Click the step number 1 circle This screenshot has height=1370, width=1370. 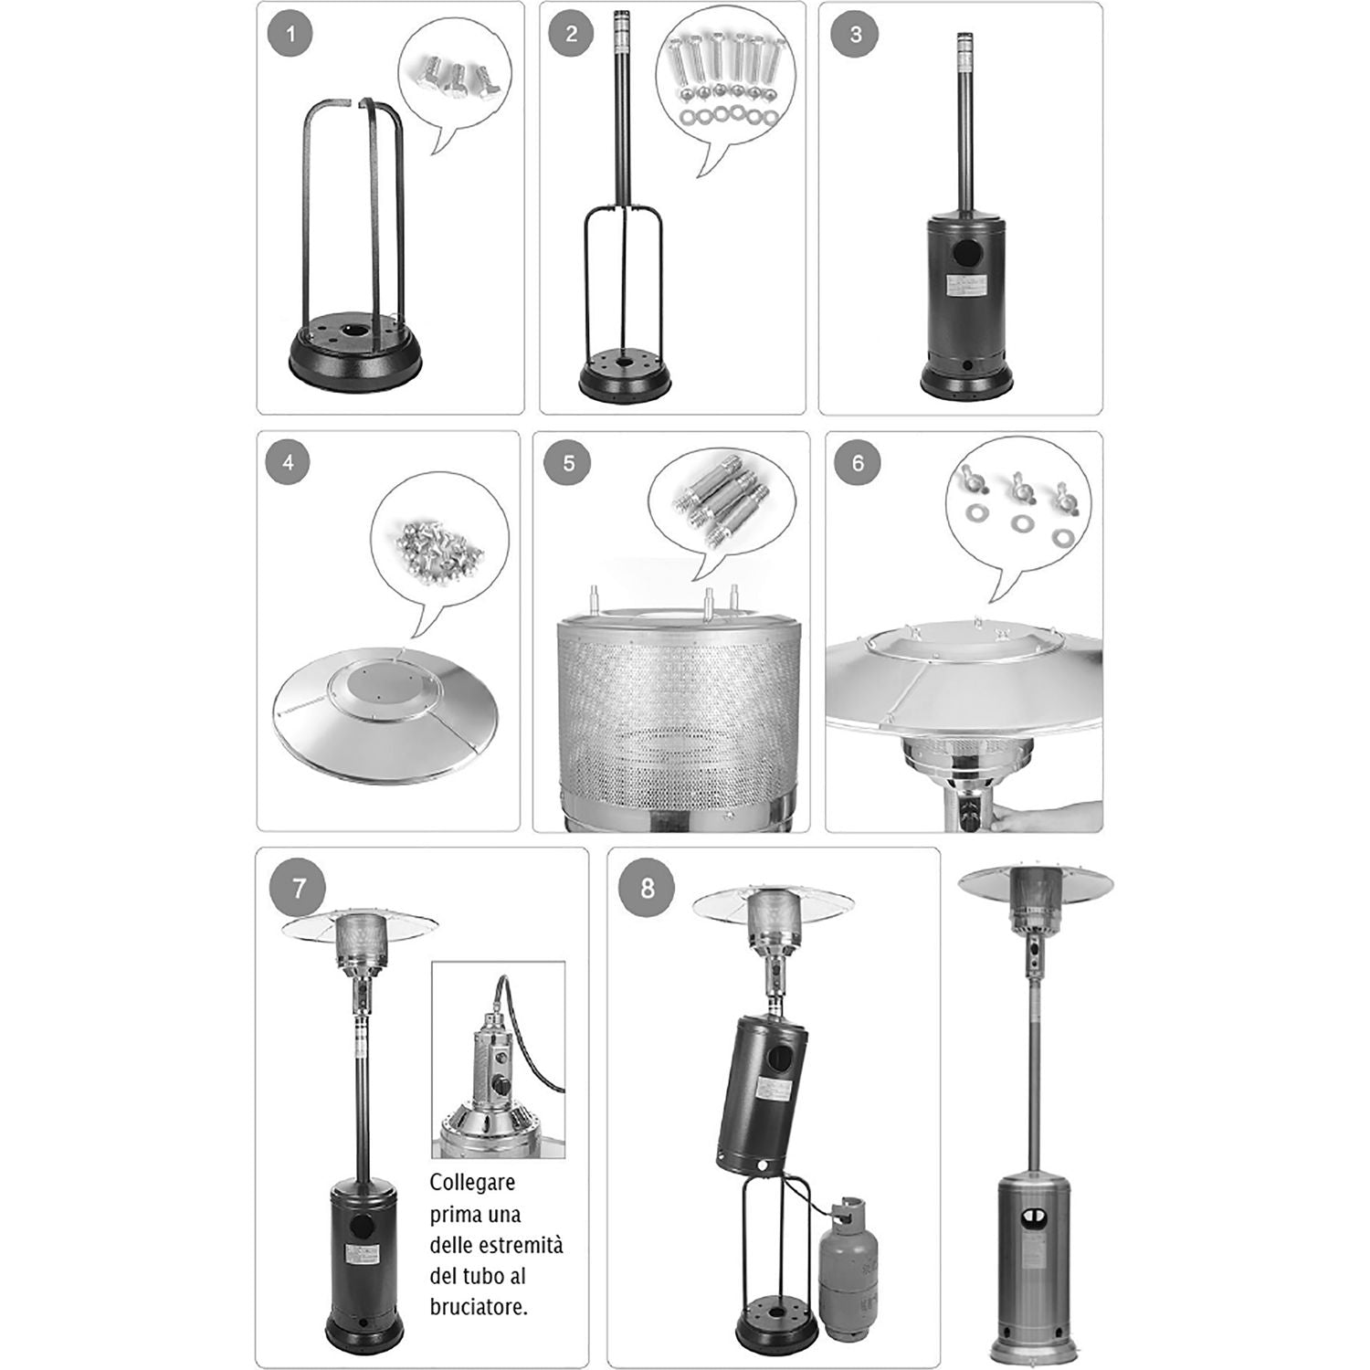pyautogui.click(x=290, y=36)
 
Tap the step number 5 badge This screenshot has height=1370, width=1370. pyautogui.click(x=568, y=463)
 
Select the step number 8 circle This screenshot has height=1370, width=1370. pyautogui.click(x=648, y=888)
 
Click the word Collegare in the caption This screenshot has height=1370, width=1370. pyautogui.click(x=472, y=1183)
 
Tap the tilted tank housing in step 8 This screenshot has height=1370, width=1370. pyautogui.click(x=763, y=1091)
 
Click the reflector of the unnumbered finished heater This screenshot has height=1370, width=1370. pyautogui.click(x=1035, y=882)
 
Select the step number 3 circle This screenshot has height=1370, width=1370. pyautogui.click(x=855, y=36)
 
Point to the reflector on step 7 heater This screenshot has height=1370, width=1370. pyautogui.click(x=360, y=924)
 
